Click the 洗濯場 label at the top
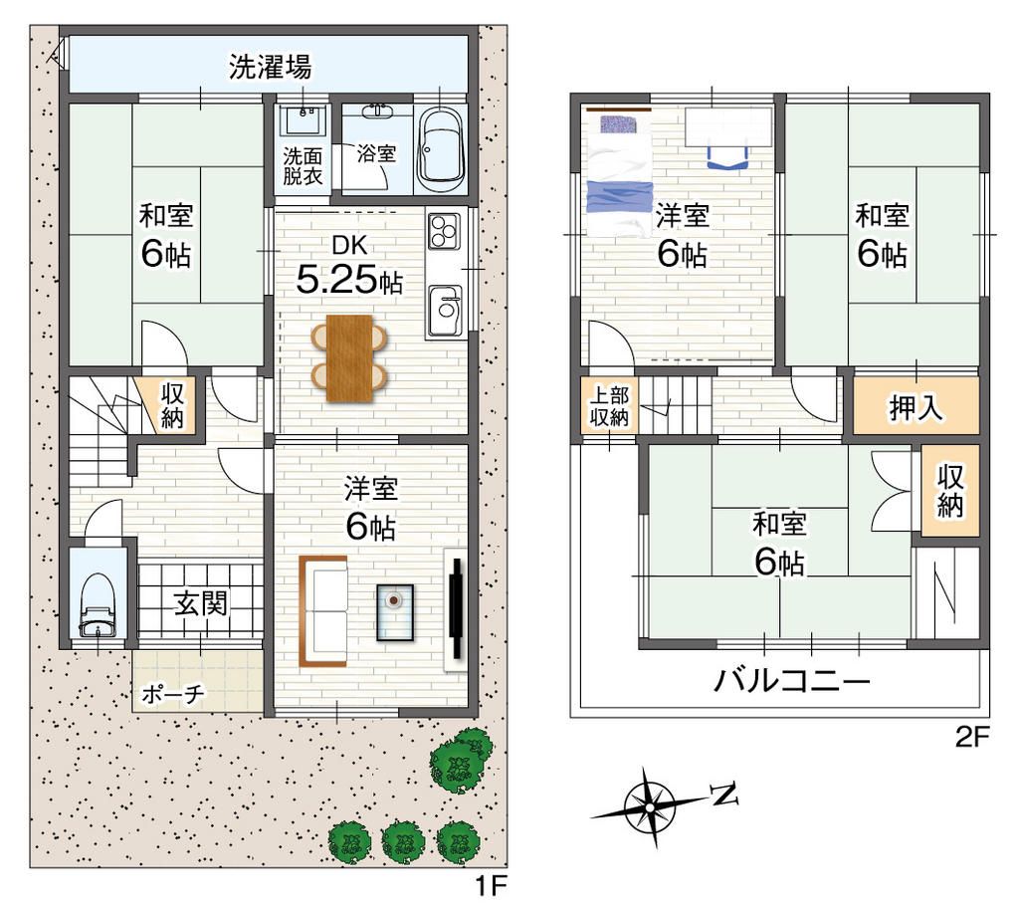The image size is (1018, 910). coord(271,68)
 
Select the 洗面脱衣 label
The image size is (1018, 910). coord(303,164)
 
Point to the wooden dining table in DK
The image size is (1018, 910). coord(348,358)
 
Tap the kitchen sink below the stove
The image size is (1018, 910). coord(445,311)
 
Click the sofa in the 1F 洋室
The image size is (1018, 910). coord(321,610)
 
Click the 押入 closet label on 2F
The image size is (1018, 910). coord(916,408)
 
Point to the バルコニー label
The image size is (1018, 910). coord(792,683)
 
